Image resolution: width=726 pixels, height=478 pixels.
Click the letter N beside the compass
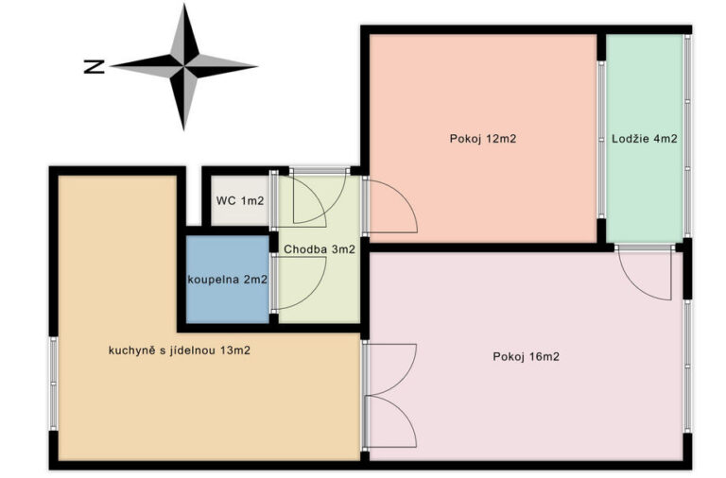point(94,67)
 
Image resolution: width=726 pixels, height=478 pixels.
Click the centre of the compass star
point(184,66)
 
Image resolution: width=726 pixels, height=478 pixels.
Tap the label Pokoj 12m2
point(482,139)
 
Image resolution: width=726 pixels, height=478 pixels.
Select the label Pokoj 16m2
point(526,357)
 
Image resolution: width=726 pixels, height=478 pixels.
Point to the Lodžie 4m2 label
point(645,139)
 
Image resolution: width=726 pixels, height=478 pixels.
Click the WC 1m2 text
point(240,201)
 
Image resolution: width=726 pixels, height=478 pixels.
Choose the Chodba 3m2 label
point(320,249)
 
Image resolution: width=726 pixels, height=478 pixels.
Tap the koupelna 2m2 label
point(227,280)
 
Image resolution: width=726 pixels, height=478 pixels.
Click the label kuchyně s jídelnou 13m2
point(180,350)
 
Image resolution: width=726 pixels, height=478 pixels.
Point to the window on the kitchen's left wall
point(54,384)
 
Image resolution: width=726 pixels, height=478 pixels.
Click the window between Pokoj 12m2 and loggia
point(601,139)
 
